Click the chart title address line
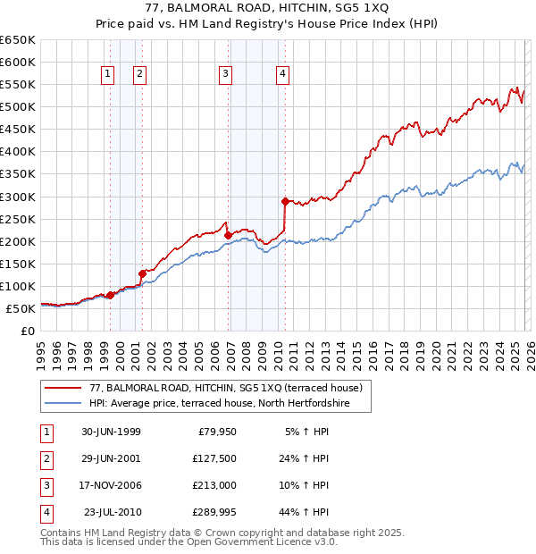click(x=267, y=9)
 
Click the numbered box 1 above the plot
click(x=108, y=75)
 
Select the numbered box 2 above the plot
click(x=140, y=75)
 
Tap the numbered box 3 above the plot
click(x=226, y=75)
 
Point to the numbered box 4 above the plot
click(x=282, y=75)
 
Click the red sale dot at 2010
click(x=285, y=201)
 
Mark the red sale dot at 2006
click(x=228, y=236)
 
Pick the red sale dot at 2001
click(x=142, y=273)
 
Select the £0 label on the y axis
click(x=27, y=331)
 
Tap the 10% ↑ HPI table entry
click(x=304, y=485)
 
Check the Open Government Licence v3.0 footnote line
click(x=189, y=541)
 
